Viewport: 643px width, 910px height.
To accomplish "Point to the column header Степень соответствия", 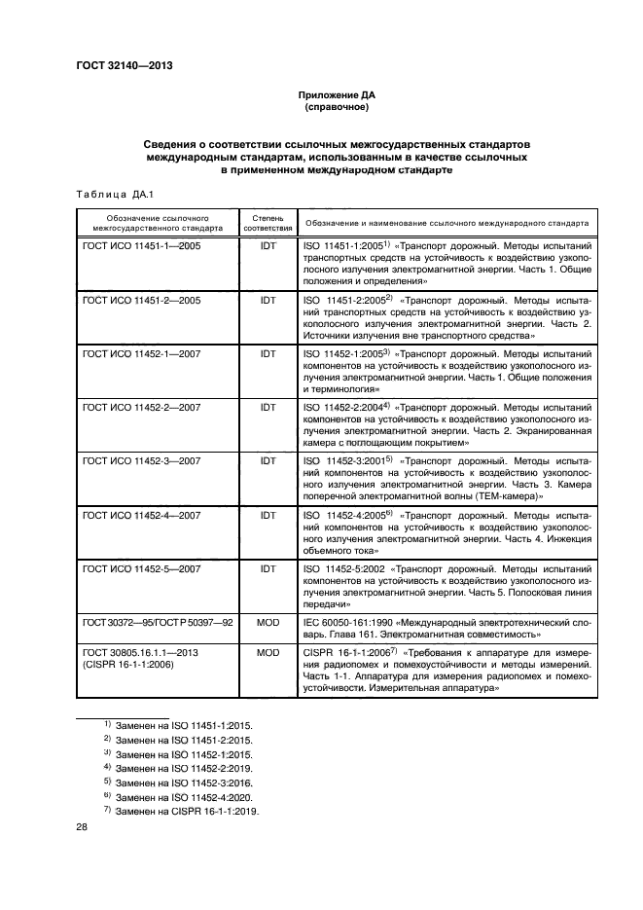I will [x=268, y=224].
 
